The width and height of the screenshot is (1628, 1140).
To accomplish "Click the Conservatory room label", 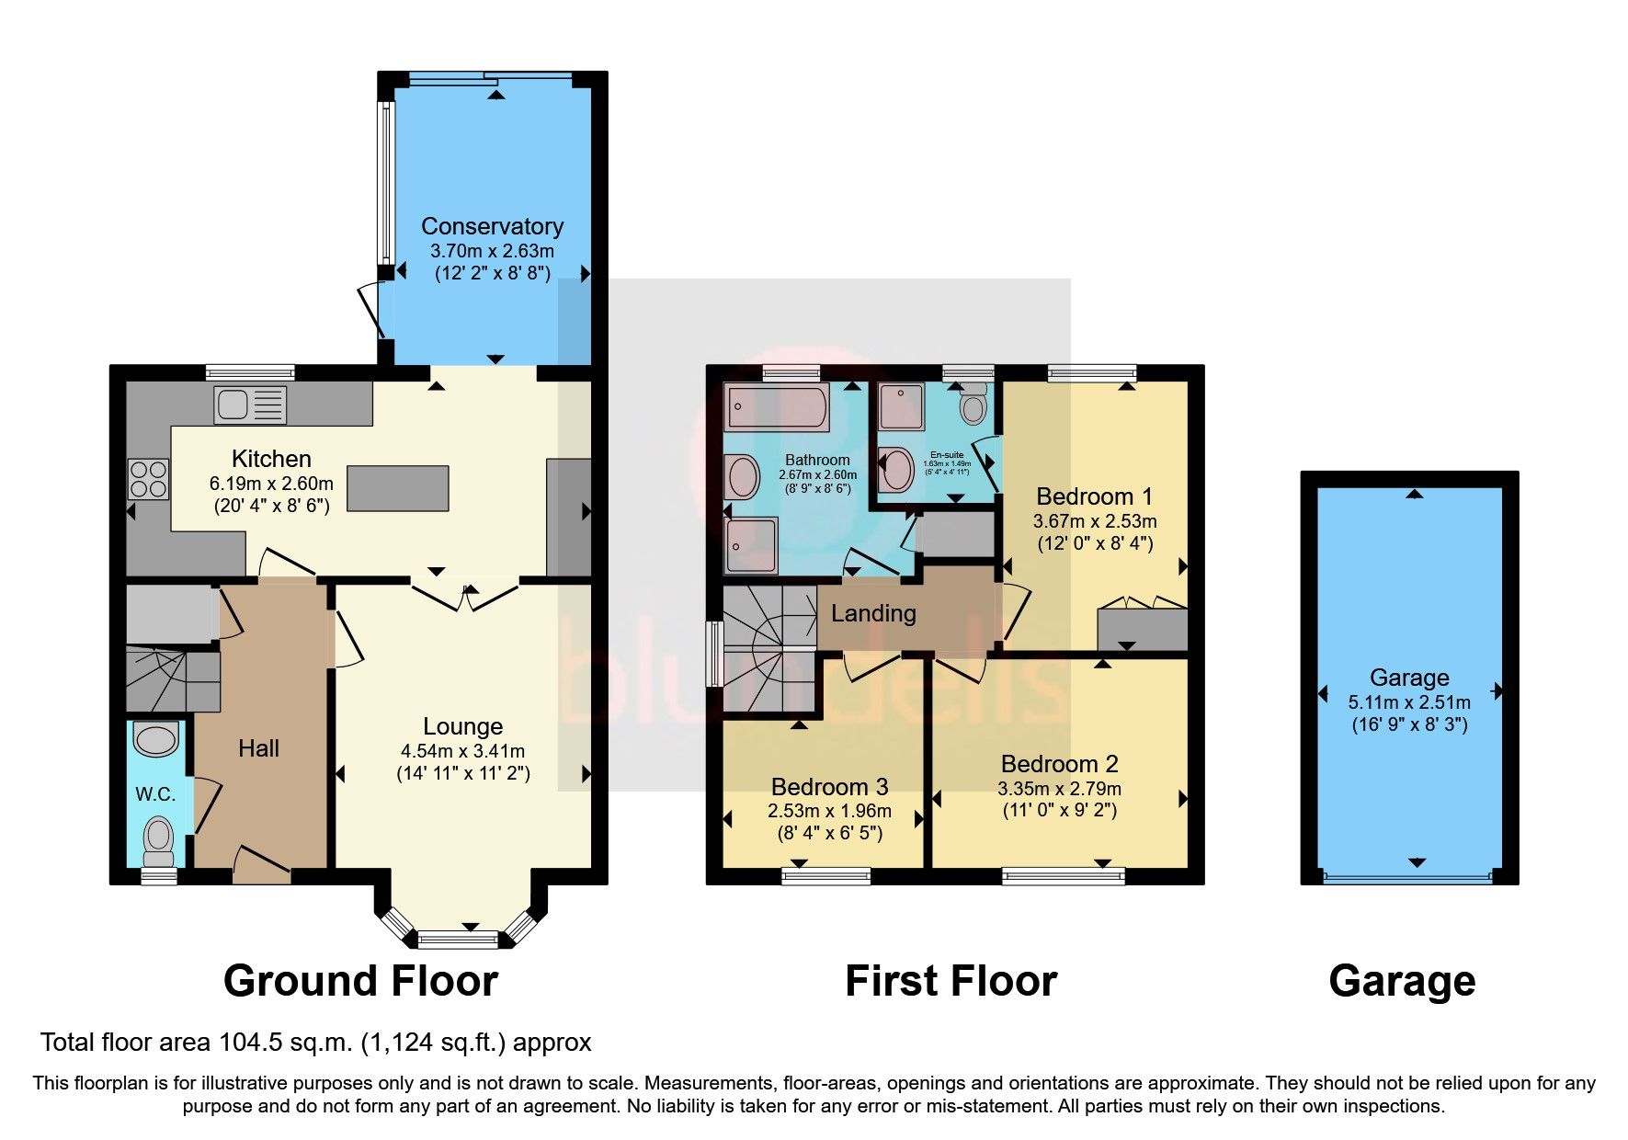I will tap(492, 226).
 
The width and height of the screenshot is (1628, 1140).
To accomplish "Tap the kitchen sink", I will tap(250, 404).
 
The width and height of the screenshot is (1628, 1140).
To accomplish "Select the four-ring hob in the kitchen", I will tap(148, 479).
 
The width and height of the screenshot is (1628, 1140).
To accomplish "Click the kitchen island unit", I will tap(398, 488).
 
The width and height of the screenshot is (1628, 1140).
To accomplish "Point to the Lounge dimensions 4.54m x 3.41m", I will tap(462, 751).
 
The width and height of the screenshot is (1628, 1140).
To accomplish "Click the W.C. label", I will tap(155, 794).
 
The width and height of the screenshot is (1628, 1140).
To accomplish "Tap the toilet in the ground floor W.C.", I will tap(158, 838).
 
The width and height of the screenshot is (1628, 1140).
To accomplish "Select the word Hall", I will tap(258, 748).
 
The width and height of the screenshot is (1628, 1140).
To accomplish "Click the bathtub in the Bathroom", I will tap(776, 408).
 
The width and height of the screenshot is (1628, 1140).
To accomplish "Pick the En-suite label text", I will tap(947, 455).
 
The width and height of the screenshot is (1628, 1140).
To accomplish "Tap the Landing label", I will tap(873, 613).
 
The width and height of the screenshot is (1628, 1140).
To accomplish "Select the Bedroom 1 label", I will tap(1094, 496).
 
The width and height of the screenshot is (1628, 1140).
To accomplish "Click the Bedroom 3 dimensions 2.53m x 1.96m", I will tap(829, 811).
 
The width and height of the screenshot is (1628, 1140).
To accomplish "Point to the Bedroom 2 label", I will tap(1059, 764).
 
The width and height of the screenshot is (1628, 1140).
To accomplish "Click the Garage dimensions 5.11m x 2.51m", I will tap(1408, 702).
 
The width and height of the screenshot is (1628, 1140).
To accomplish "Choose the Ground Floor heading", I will tap(360, 981).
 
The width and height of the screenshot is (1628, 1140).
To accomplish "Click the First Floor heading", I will tap(951, 981).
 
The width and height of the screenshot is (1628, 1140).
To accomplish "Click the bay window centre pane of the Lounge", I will tap(457, 940).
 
